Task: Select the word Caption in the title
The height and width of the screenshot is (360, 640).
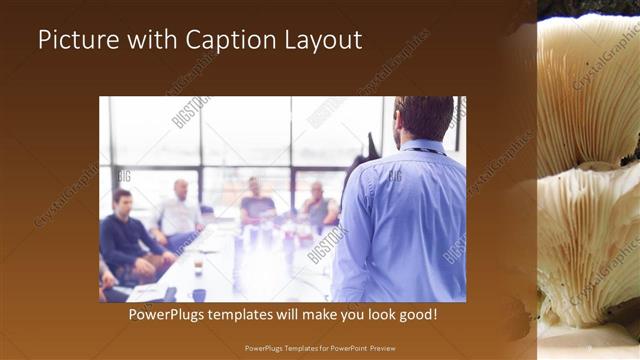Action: point(225,42)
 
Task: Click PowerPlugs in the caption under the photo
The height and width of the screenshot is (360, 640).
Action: point(170,315)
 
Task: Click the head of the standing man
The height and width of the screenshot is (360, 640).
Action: point(424,118)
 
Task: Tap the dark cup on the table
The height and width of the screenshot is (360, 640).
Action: point(199,294)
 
